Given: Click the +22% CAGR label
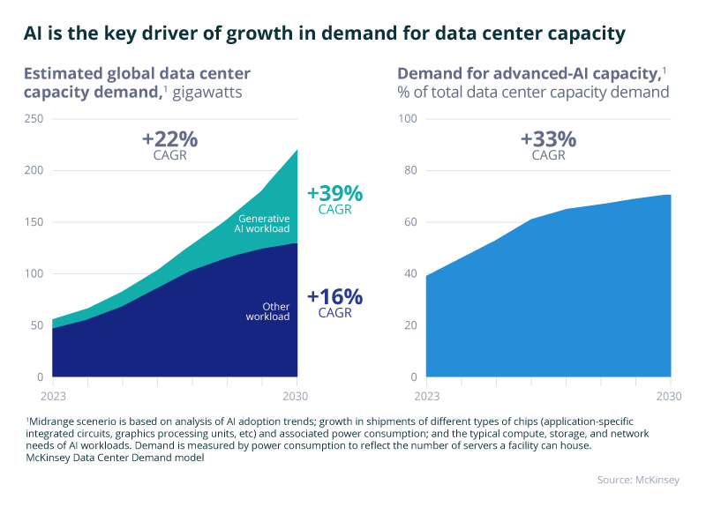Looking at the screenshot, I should pyautogui.click(x=169, y=145).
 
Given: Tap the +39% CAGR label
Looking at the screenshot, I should pyautogui.click(x=335, y=200).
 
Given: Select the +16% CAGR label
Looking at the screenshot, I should pyautogui.click(x=335, y=302).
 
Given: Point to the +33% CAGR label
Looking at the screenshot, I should pyautogui.click(x=548, y=145).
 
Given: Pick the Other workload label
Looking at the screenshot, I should pyautogui.click(x=267, y=311).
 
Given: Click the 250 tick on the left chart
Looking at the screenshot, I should pyautogui.click(x=34, y=119).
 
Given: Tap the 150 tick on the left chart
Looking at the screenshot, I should pyautogui.click(x=34, y=222).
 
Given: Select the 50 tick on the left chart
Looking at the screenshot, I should pyautogui.click(x=35, y=325).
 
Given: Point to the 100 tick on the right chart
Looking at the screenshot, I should pyautogui.click(x=407, y=119).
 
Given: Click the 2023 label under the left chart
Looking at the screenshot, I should pyautogui.click(x=52, y=394).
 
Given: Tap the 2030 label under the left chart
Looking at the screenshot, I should pyautogui.click(x=297, y=394).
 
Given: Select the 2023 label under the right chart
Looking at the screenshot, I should pyautogui.click(x=426, y=394).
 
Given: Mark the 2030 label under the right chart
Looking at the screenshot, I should pyautogui.click(x=671, y=394).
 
